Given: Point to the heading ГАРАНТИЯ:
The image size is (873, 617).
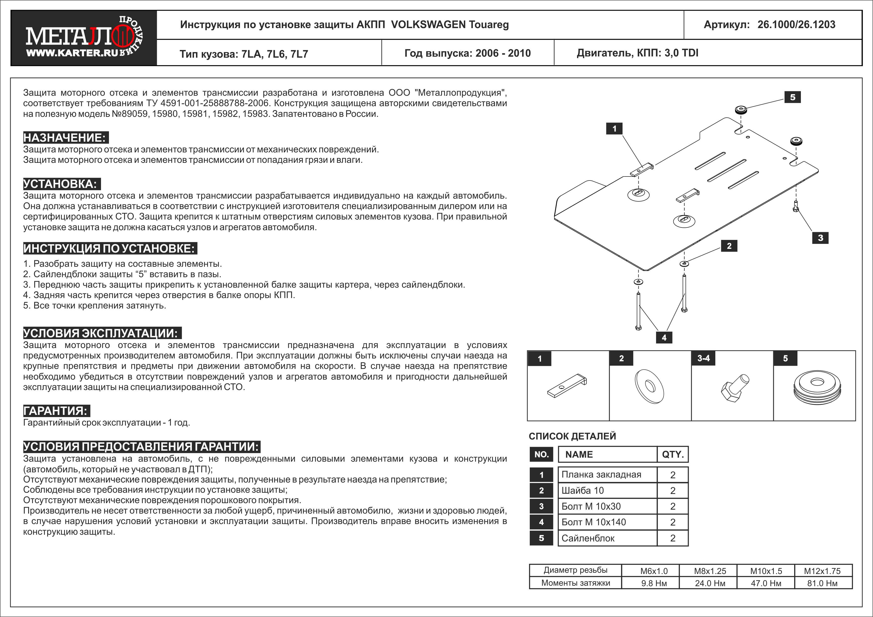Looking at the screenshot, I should point(56,411).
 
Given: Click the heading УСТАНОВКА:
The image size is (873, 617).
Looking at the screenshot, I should point(61,184).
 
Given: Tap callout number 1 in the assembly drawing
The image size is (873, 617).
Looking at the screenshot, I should point(614,129).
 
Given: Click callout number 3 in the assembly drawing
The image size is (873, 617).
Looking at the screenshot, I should point(820,238).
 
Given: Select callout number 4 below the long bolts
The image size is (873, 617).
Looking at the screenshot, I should point(664,337).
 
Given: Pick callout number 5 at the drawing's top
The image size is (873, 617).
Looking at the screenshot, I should point(792,97).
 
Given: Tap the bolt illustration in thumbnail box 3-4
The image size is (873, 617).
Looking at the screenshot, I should point(735,388).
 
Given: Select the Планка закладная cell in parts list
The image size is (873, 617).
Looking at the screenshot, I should point(601,475).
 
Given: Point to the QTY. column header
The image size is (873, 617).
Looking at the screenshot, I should point(673,454).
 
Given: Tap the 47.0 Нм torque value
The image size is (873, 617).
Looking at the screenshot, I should point(766,583).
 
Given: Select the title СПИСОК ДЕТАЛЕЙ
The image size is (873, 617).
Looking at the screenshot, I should point(572,436).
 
